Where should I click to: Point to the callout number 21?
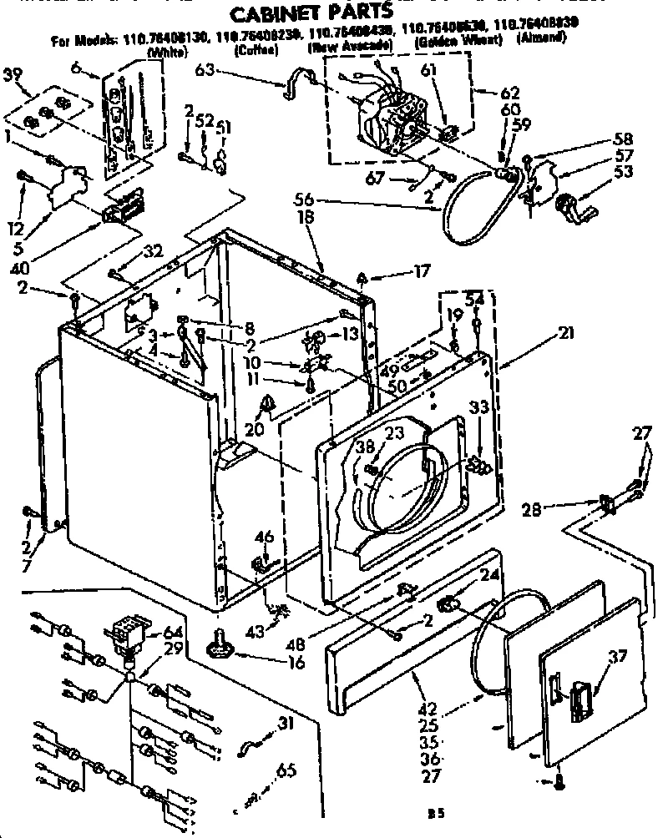pos(569,333)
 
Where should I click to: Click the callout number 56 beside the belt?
pos(306,199)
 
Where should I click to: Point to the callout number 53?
pos(623,172)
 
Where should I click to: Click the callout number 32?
pos(153,250)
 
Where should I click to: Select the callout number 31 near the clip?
pos(286,724)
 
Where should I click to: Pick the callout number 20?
pos(255,431)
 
